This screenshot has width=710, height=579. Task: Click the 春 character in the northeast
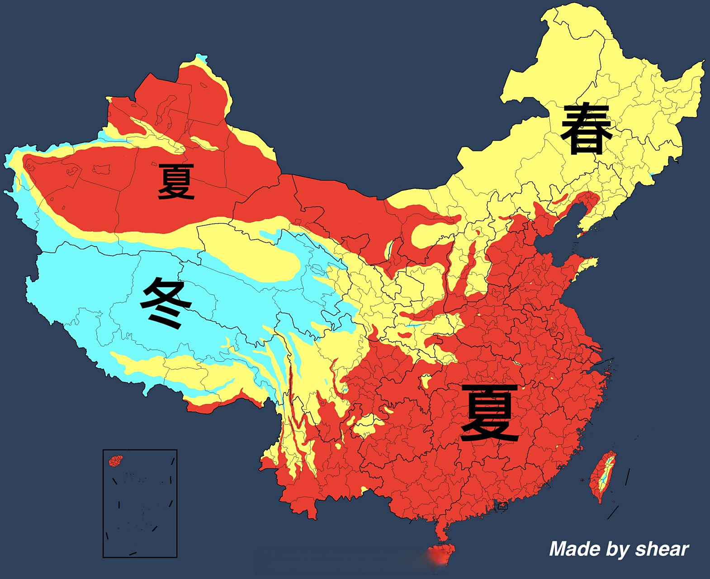tap(586, 128)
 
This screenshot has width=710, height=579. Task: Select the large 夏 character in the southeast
tap(489, 413)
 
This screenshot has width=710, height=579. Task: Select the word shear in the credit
tap(662, 549)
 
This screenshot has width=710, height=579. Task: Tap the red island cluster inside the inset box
tap(116, 461)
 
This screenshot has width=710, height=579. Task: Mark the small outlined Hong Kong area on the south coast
tap(502, 507)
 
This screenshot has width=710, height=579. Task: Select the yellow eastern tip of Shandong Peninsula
tap(592, 262)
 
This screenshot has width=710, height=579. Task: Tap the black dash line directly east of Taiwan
tap(627, 477)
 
